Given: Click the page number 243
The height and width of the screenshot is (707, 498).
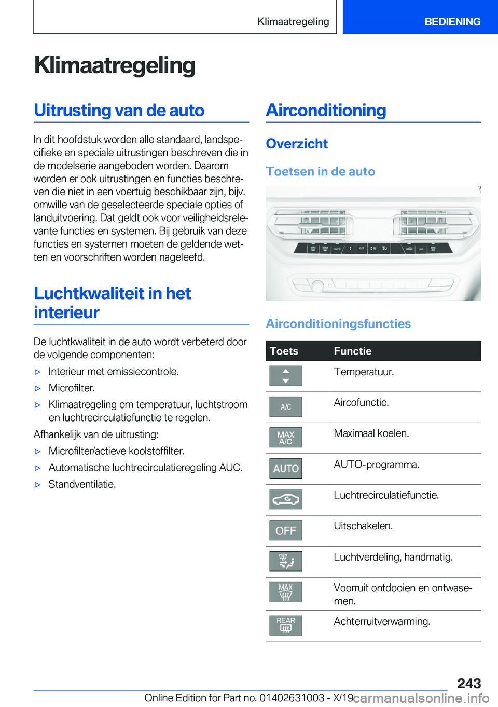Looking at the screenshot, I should coord(469,683).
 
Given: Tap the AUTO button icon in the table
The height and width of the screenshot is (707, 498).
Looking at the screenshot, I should coord(286,468).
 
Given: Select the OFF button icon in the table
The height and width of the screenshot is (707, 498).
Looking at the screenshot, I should coord(286,531).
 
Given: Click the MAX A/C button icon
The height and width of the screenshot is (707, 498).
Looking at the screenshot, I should coord(286,438).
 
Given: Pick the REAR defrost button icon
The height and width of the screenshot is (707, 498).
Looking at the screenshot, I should coord(286,625).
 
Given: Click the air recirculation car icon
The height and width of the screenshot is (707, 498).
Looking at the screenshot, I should coord(286,499).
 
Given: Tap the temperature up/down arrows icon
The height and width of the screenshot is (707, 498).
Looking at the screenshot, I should coord(286,376).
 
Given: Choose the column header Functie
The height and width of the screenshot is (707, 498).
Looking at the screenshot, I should coord(353,351).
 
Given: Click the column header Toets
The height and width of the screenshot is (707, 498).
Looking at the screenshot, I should coord(284,351).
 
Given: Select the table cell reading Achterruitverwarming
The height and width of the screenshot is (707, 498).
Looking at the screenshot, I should coord(382,621).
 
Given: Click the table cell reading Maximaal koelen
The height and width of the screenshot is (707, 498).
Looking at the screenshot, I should coord(371,433).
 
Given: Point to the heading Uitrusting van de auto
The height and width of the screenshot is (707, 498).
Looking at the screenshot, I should coord(119,111).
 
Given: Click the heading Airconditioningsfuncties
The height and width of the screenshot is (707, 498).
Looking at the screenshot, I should coord(338,323).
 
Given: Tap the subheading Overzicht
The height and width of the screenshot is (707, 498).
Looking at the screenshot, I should coord(297,144).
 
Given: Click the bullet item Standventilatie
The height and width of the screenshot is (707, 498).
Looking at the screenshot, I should coord(82,484).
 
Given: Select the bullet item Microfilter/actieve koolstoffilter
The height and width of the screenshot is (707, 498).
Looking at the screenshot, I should coord(116,451).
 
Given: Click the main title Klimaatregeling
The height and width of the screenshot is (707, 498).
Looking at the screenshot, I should coord(115,65).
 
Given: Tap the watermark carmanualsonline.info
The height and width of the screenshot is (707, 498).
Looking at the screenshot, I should coord(421,698).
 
